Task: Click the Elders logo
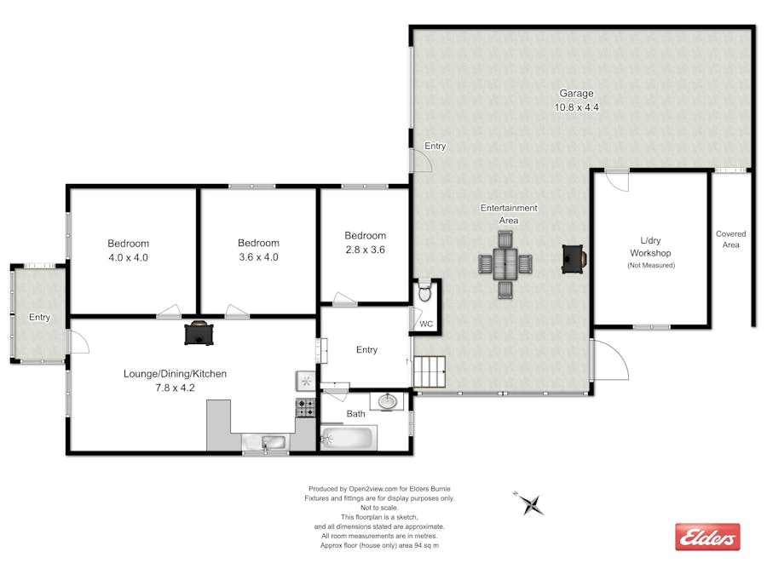[x=707, y=537]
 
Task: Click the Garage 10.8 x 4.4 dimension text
[x=576, y=107]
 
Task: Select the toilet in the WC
[x=425, y=293]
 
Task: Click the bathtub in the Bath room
[x=348, y=439]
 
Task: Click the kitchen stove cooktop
[x=305, y=407]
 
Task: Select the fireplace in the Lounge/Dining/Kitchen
[x=199, y=332]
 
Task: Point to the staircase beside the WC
[x=430, y=372]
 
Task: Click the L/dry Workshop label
[x=650, y=247]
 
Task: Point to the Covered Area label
[x=730, y=239]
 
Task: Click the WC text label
[x=426, y=325]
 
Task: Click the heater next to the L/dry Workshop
[x=573, y=258]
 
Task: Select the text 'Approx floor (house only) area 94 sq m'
[x=379, y=545]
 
